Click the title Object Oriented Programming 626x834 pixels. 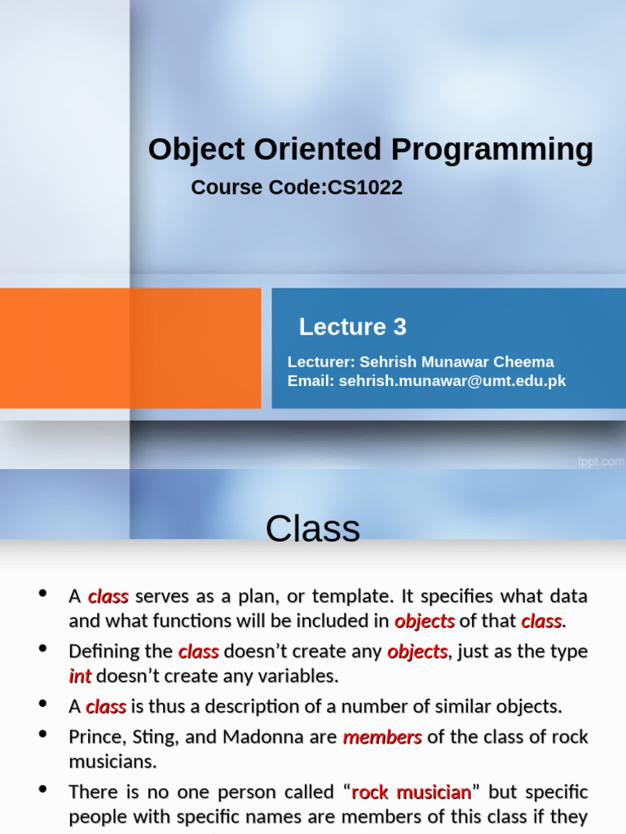(370, 150)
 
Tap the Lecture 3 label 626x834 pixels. (352, 327)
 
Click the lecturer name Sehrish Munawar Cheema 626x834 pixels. (456, 362)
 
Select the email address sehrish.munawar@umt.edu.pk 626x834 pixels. (452, 380)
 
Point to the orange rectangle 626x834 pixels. (130, 348)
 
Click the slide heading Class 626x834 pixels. (312, 529)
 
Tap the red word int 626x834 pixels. (80, 676)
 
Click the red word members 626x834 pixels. (382, 737)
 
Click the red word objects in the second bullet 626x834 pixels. (417, 652)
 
